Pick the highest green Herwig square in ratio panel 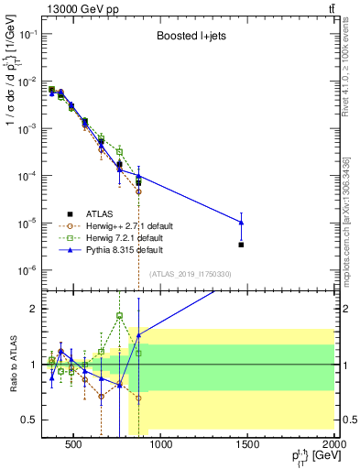coord(119,316)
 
